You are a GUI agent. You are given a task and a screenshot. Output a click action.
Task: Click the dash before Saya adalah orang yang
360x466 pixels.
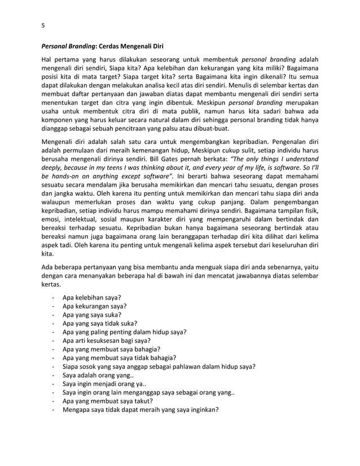pyautogui.click(x=52, y=375)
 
